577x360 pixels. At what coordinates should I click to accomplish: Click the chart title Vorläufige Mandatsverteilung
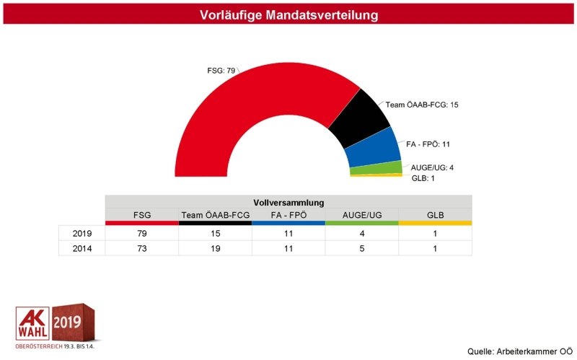click(288, 14)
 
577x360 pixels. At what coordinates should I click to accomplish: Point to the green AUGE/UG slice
click(376, 168)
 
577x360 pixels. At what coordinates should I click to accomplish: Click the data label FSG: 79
click(221, 71)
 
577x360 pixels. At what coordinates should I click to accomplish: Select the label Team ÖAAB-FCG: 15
click(422, 105)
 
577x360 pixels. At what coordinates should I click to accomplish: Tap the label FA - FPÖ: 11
click(428, 144)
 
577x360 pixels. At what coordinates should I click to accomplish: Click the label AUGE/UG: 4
click(431, 167)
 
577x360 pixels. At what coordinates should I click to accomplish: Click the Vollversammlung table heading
click(288, 202)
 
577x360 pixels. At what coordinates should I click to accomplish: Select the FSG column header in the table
click(142, 215)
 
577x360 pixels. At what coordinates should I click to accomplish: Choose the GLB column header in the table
click(435, 215)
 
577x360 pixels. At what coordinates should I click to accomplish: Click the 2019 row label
click(82, 234)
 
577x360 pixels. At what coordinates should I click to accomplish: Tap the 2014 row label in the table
click(82, 248)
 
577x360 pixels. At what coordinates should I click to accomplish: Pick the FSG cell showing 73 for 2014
click(142, 248)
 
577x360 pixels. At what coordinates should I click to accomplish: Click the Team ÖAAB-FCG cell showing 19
click(216, 248)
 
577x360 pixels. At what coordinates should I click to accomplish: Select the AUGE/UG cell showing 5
click(361, 248)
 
